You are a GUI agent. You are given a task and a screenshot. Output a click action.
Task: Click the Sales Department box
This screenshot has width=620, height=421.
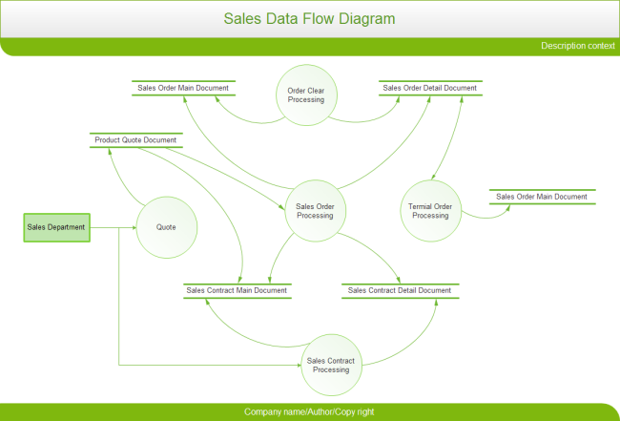(56, 227)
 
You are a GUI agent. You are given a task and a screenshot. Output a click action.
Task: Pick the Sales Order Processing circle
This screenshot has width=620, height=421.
(315, 211)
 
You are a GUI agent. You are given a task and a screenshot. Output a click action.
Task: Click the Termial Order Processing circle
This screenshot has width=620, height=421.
(430, 211)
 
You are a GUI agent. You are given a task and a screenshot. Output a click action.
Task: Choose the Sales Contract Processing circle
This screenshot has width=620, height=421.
(331, 365)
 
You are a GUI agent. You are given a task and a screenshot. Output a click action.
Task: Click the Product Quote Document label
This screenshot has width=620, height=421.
(135, 140)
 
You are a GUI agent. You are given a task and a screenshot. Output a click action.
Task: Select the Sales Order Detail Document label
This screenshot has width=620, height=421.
(429, 88)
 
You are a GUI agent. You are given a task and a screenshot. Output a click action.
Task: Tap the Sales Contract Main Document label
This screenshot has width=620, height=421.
(237, 290)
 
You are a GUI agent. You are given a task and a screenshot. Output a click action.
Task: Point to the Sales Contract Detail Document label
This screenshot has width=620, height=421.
(400, 290)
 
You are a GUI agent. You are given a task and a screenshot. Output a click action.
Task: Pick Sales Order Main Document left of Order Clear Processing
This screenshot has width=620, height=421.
(183, 88)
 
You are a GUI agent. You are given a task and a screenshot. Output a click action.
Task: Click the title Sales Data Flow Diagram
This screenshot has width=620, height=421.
(309, 19)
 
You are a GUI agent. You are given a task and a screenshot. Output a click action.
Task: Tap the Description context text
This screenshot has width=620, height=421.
(577, 46)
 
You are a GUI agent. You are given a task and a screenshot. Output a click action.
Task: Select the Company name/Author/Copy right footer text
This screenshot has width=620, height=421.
(309, 411)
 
